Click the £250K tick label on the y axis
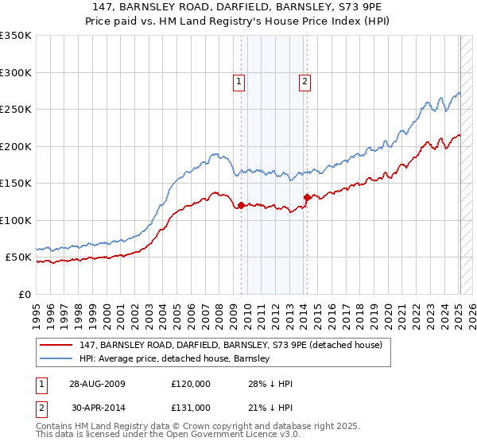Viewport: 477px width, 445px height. (x=15, y=110)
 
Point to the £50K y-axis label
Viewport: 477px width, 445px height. (x=17, y=257)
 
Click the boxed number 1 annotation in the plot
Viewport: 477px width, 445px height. (x=239, y=79)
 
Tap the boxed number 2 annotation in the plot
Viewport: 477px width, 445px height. (x=304, y=79)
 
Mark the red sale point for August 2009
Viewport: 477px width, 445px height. (x=242, y=206)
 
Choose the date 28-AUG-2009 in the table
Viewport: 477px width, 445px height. (x=98, y=383)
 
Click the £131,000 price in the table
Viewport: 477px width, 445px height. (x=190, y=408)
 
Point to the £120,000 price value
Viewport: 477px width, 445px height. (x=190, y=383)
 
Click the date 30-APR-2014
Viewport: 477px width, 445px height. (x=98, y=408)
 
